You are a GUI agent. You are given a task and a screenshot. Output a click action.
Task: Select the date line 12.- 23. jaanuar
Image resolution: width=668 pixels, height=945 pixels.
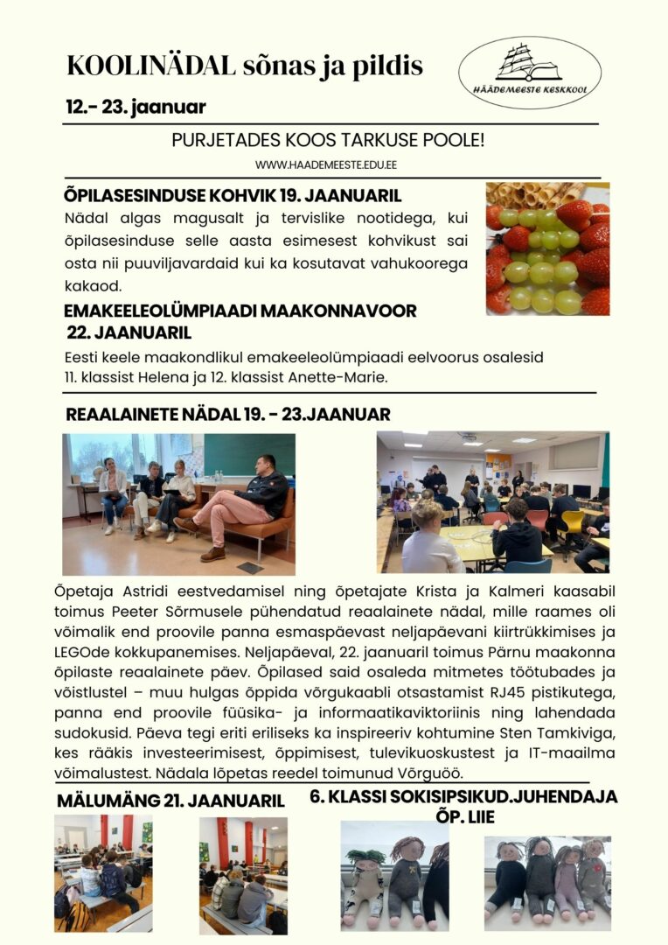tap(136, 108)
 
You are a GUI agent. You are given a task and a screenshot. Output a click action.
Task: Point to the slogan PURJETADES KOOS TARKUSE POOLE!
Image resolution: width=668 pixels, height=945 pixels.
tap(328, 140)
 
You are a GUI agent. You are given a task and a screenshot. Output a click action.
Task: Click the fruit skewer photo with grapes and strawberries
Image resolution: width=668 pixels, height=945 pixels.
tap(547, 248)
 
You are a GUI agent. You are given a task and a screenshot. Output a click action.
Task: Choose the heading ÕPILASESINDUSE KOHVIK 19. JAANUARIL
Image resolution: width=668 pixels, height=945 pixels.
tap(232, 195)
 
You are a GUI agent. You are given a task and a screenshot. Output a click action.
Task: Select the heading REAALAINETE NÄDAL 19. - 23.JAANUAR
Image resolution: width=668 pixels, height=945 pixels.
tap(228, 414)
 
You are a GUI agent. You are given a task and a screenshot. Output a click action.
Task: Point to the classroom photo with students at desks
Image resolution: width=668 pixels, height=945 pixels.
tap(492, 501)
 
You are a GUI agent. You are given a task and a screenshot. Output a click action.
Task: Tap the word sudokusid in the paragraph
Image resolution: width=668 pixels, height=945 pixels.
tap(95, 734)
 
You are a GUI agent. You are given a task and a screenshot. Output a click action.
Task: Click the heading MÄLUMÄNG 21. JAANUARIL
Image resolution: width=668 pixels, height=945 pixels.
tap(170, 801)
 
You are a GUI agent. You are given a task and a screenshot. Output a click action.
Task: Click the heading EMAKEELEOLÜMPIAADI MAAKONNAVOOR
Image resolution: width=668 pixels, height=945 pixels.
tap(240, 311)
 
